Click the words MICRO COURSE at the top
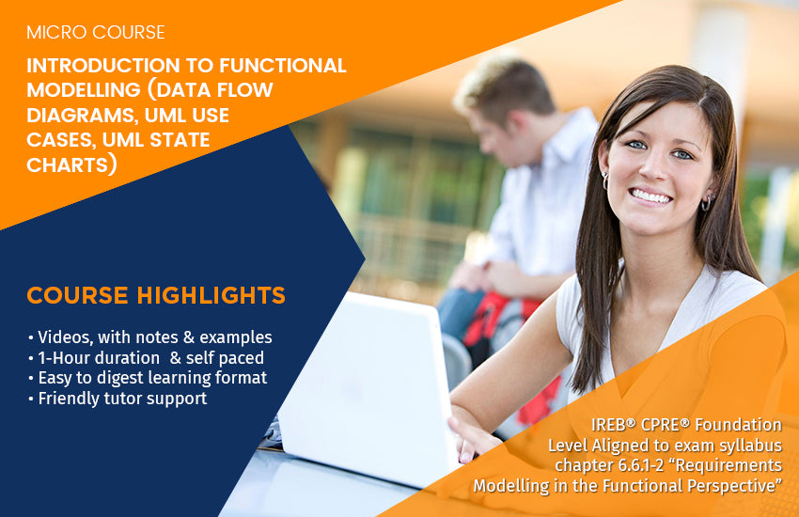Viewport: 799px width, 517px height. coord(95,33)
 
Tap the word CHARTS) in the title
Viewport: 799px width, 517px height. coord(71,164)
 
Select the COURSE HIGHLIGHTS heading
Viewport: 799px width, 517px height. coord(156,296)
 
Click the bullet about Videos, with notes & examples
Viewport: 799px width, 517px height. coord(149,337)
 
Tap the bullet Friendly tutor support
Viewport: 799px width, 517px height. coord(117,399)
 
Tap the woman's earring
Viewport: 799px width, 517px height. coord(705,202)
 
